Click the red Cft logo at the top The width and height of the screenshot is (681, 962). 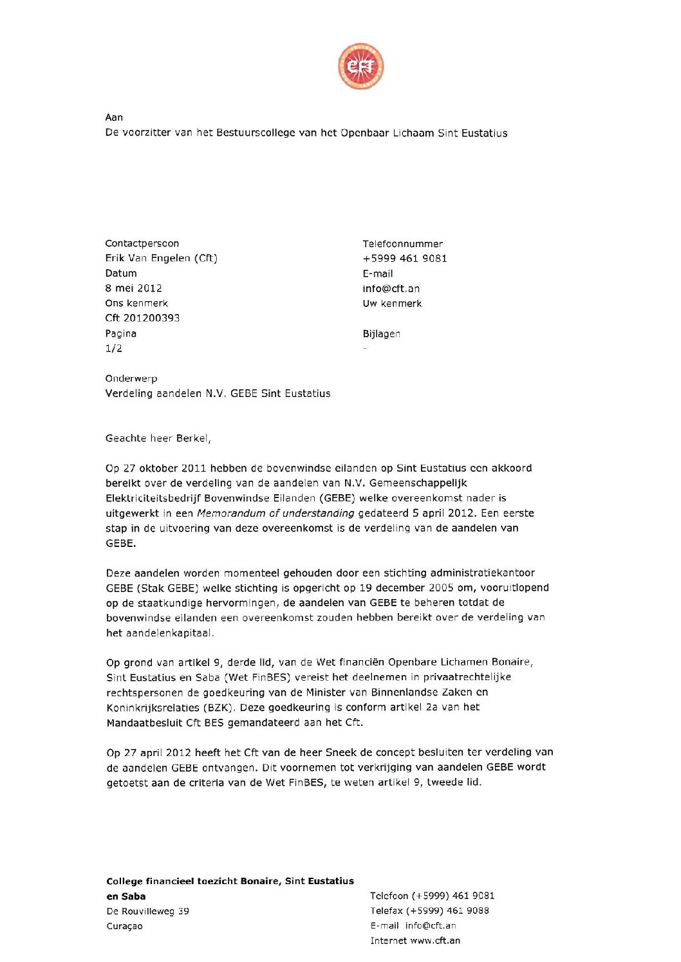click(360, 66)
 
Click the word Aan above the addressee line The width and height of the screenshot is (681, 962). click(114, 117)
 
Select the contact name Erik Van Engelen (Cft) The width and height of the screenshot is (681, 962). click(162, 258)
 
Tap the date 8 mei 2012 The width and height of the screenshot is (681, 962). click(134, 288)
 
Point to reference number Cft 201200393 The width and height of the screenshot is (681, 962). click(143, 318)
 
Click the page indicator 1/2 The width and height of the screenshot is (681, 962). click(114, 348)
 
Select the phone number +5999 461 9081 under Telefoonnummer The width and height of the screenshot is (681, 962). click(405, 258)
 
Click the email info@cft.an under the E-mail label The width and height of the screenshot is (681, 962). click(391, 288)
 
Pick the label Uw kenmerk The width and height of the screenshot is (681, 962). click(392, 303)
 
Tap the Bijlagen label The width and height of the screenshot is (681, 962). click(382, 333)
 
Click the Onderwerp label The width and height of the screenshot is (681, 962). click(131, 378)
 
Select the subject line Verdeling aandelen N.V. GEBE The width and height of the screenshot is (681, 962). click(218, 393)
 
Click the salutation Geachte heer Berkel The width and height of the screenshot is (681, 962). click(158, 438)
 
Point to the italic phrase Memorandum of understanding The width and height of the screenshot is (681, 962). click(275, 513)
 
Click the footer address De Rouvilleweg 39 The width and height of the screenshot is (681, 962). click(148, 911)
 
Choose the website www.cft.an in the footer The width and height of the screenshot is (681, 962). click(435, 941)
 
